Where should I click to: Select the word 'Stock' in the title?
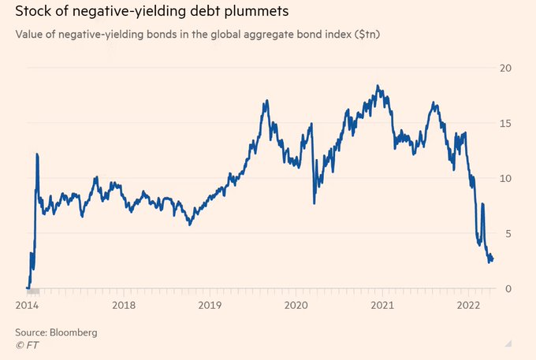coord(33,12)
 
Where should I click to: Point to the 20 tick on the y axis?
coord(507,68)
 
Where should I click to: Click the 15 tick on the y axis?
coord(507,123)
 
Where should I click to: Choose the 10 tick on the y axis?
coord(507,178)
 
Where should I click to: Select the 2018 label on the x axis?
coord(124,305)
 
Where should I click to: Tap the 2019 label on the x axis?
coord(210,305)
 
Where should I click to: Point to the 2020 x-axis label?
coord(296,305)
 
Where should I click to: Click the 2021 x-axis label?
coord(382,305)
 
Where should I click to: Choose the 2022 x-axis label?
coord(469,305)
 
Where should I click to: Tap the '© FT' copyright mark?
coord(28,345)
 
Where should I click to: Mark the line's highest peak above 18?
coord(379,86)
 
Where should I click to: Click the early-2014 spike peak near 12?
coord(37,154)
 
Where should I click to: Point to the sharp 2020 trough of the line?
coord(315,203)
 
